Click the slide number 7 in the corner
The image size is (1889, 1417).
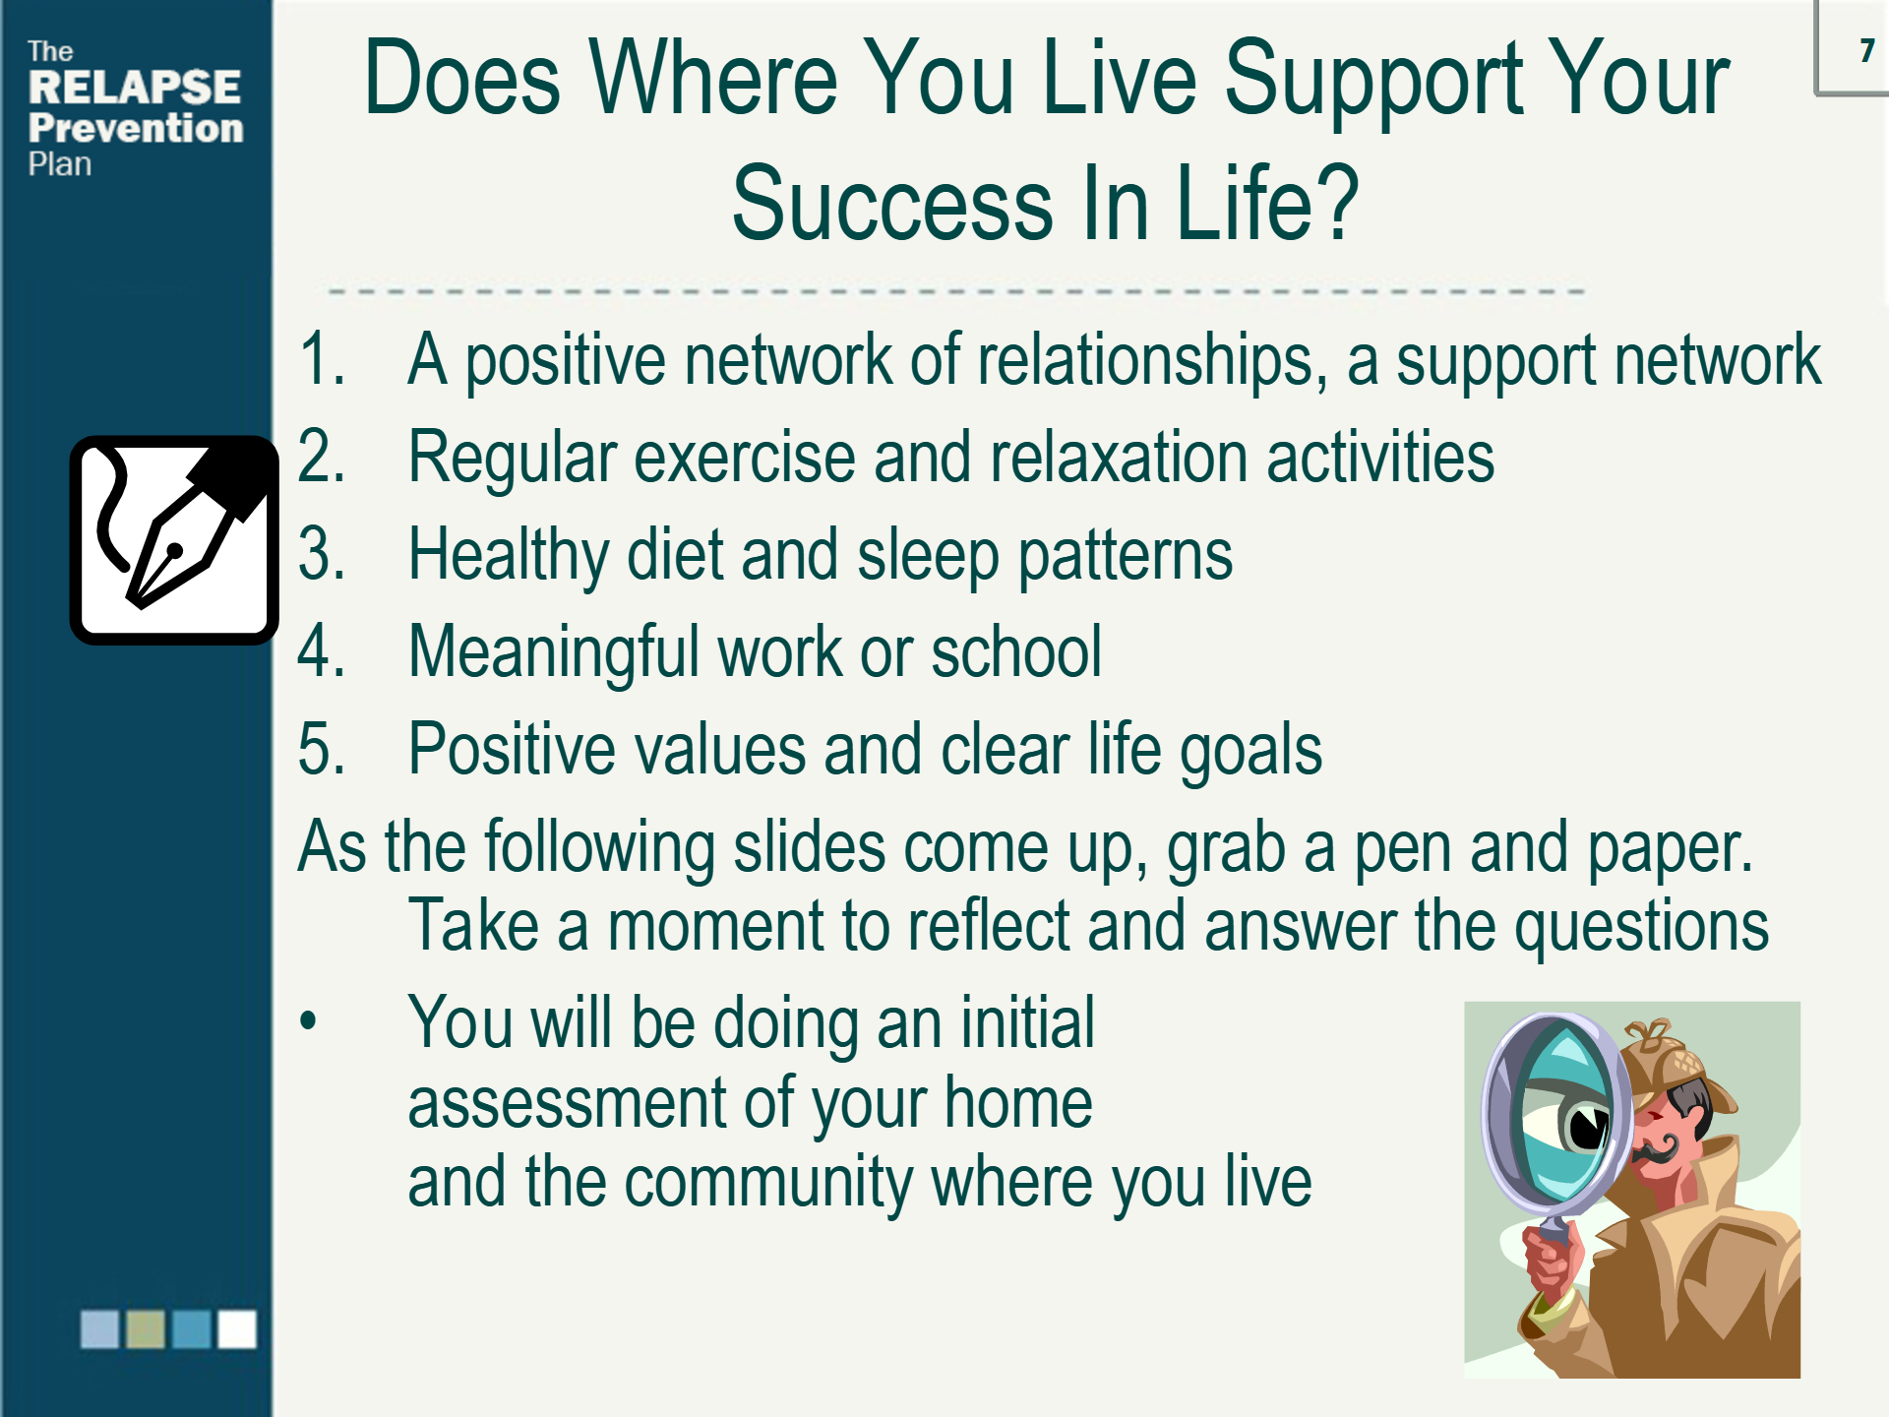click(x=1866, y=50)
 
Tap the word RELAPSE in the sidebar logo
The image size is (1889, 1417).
click(x=135, y=88)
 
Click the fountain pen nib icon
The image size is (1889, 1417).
click(x=174, y=540)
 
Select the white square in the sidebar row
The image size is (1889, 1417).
click(x=237, y=1328)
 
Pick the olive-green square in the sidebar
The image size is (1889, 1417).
click(x=146, y=1328)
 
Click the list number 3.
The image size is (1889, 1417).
click(x=321, y=555)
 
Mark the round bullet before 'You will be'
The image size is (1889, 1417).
click(x=309, y=1020)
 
